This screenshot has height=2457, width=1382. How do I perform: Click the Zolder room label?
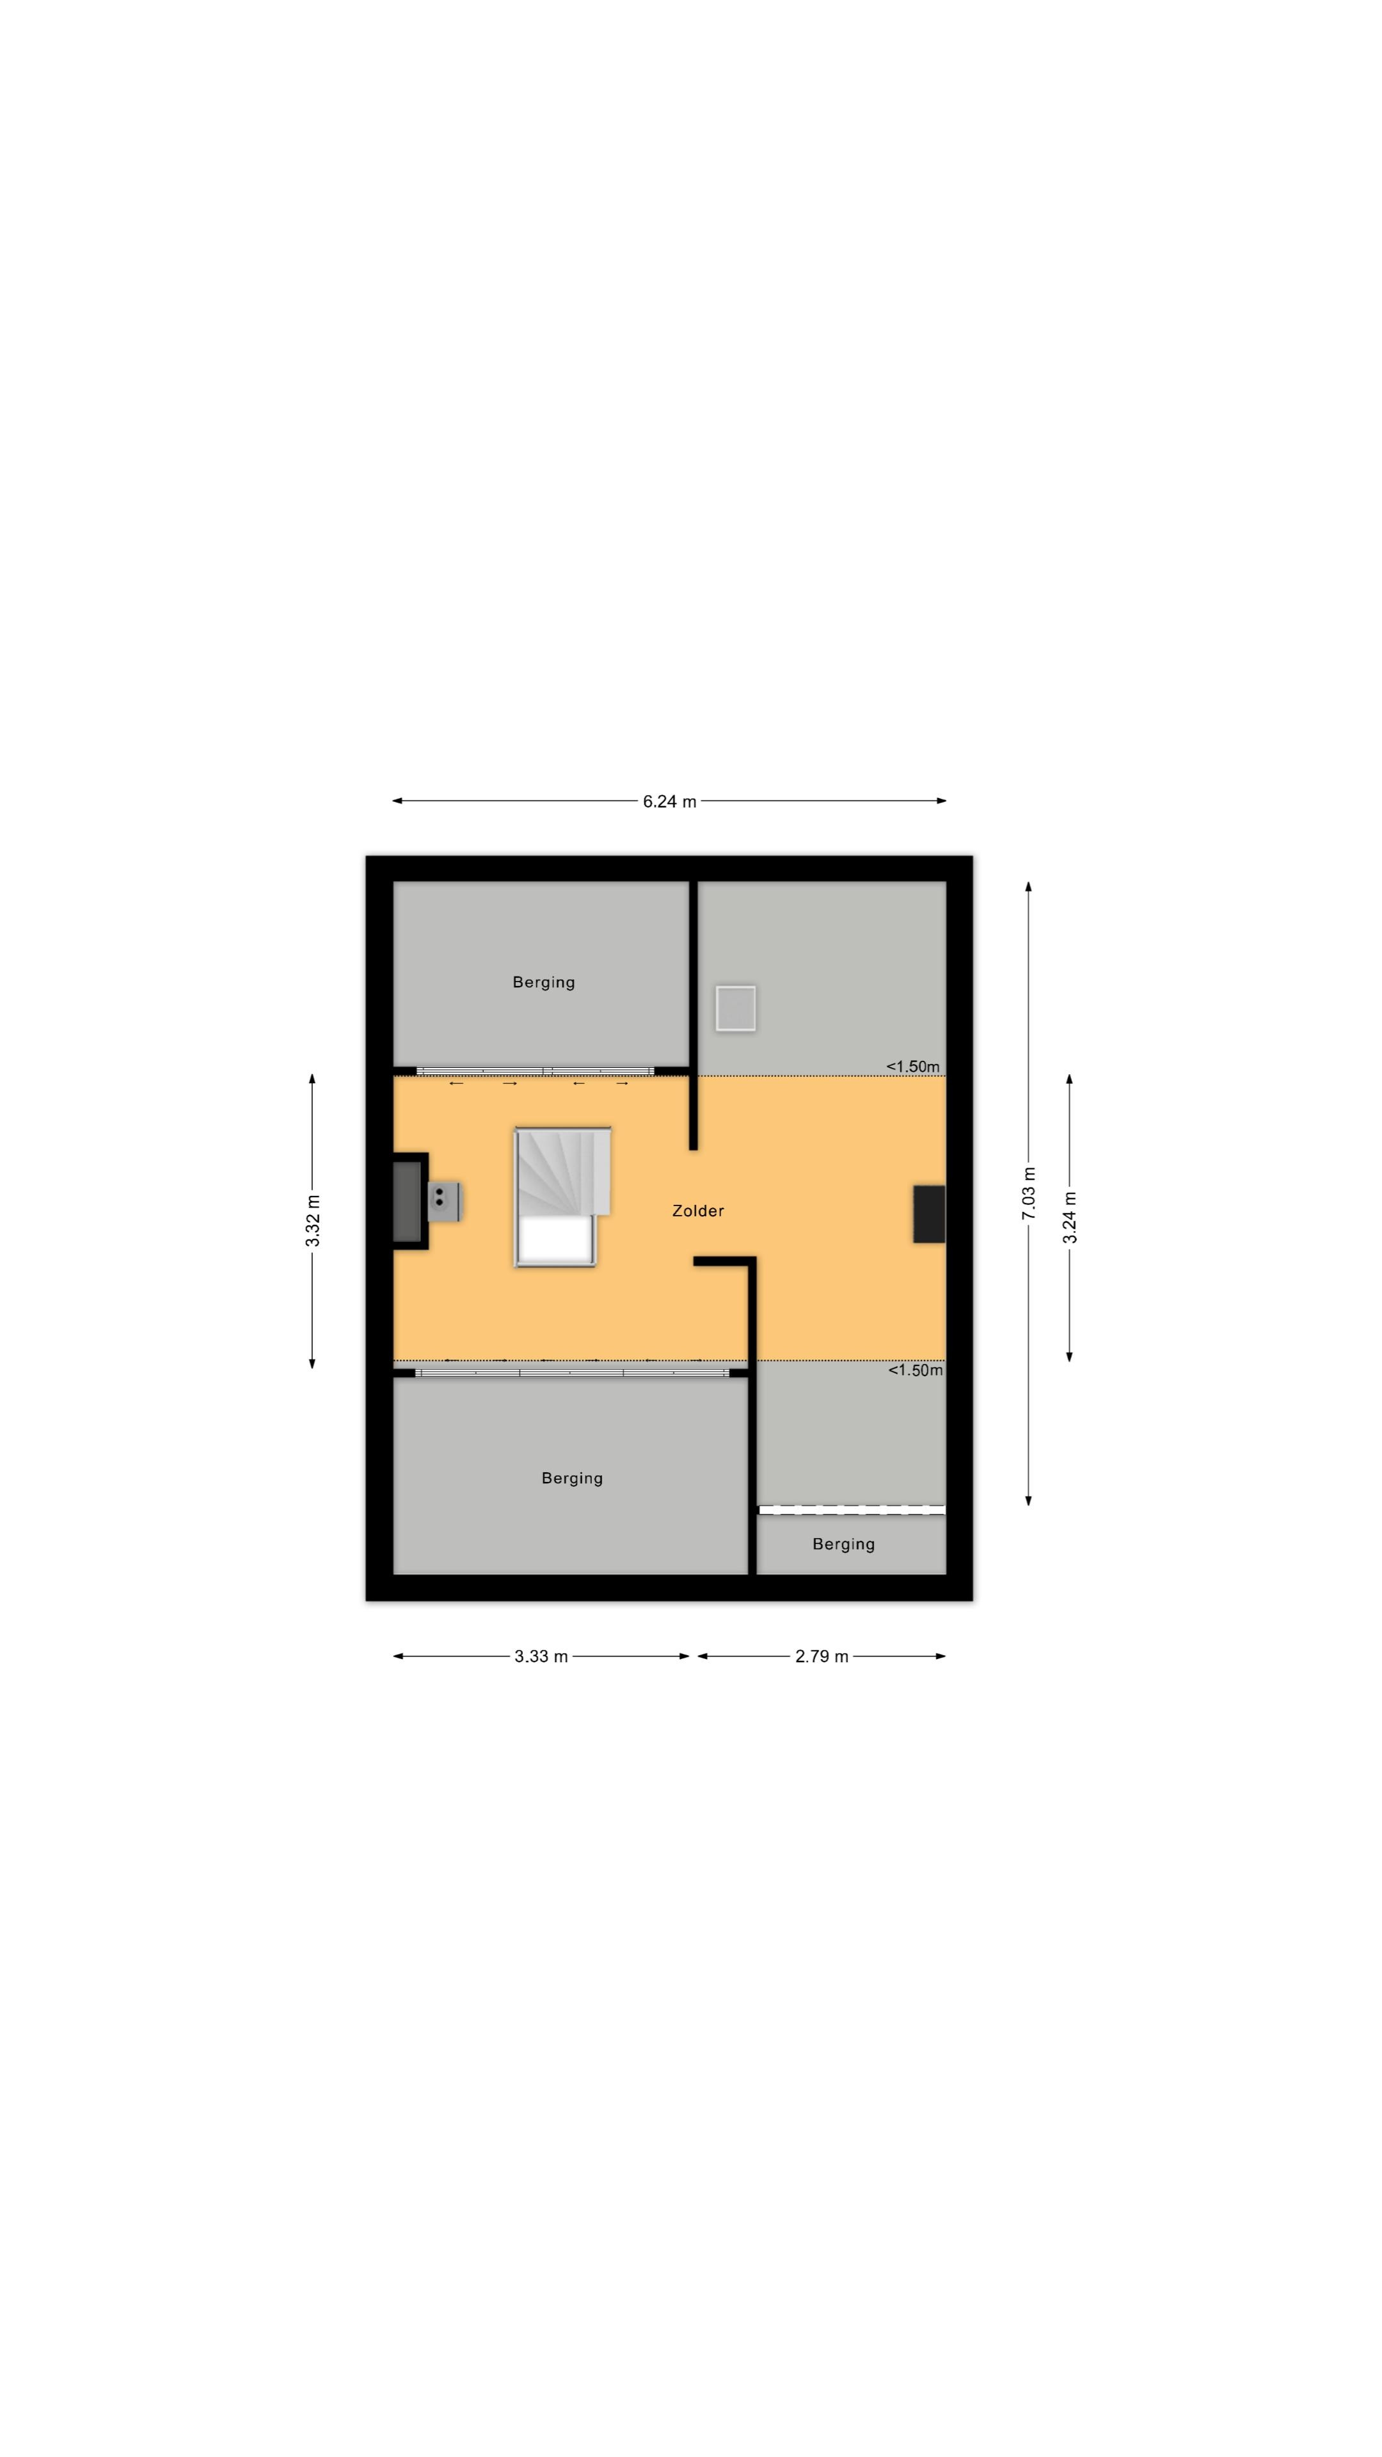[697, 1211]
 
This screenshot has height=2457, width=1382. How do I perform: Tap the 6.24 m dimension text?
[669, 801]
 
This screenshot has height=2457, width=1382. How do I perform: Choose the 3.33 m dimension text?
[541, 1657]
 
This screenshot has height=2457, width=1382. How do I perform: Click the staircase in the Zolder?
[563, 1197]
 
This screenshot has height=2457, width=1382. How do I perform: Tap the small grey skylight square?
[735, 1008]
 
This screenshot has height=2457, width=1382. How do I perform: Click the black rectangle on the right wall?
[929, 1214]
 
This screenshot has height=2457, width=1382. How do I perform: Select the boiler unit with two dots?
[445, 1201]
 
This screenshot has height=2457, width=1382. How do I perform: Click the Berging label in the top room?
[544, 982]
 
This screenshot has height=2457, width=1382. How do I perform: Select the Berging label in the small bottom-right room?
[843, 1544]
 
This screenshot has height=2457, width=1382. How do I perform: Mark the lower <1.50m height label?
[916, 1370]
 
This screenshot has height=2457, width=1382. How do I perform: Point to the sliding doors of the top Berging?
[535, 1071]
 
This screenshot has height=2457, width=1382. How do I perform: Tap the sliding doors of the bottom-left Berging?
[572, 1372]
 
